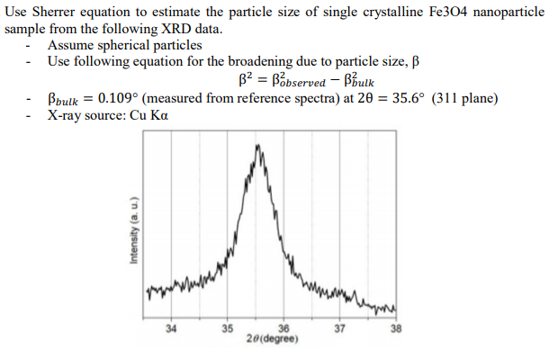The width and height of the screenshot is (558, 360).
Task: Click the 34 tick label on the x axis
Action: click(x=172, y=328)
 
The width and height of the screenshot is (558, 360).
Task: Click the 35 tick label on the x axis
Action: click(x=228, y=328)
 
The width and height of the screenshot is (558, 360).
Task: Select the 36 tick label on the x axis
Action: click(x=284, y=328)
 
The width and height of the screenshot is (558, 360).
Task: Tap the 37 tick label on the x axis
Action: click(x=339, y=328)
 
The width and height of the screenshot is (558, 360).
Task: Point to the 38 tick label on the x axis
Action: click(x=395, y=328)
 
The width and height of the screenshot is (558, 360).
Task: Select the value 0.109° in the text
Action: click(x=118, y=98)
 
